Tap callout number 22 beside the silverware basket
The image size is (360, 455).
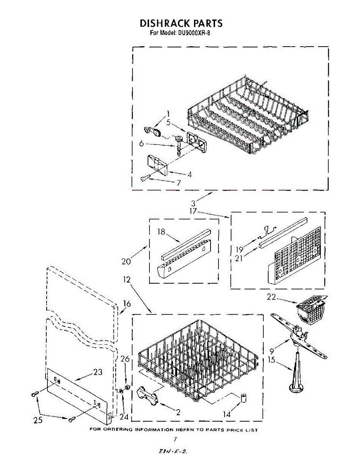pyautogui.click(x=271, y=297)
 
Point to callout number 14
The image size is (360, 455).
pyautogui.click(x=227, y=414)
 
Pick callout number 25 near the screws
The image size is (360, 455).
pyautogui.click(x=38, y=420)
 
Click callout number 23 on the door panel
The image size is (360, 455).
pyautogui.click(x=97, y=372)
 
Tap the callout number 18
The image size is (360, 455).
pyautogui.click(x=162, y=232)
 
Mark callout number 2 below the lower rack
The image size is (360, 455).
pyautogui.click(x=178, y=413)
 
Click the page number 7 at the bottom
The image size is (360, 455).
pyautogui.click(x=175, y=439)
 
